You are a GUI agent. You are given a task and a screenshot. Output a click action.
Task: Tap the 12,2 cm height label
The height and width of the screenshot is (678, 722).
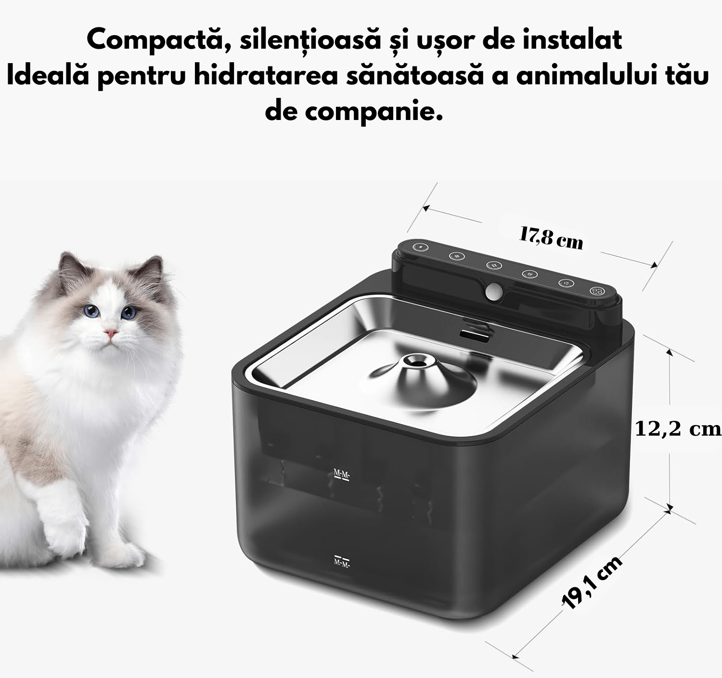pos(678,428)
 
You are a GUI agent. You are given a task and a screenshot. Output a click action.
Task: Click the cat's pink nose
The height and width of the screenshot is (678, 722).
pos(111,333)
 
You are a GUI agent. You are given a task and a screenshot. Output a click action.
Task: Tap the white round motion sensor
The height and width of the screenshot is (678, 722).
pos(492,291)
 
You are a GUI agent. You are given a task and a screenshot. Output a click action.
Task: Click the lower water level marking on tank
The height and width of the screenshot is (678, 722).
pos(342,561)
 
